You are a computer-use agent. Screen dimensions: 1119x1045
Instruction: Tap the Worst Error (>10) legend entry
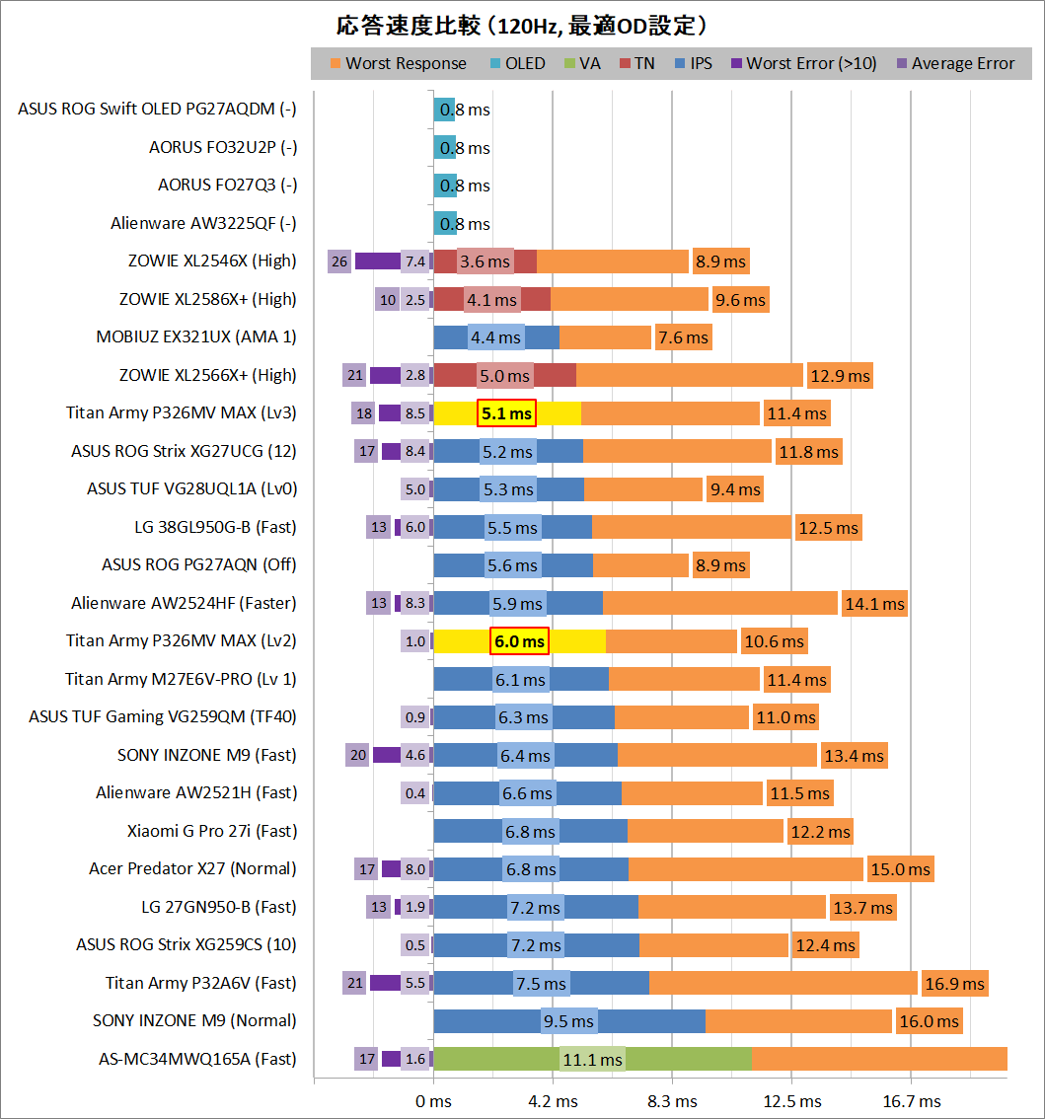point(811,63)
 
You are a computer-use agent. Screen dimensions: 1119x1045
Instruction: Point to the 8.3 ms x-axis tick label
point(672,1100)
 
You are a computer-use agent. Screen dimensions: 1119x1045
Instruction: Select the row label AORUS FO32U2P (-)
point(222,147)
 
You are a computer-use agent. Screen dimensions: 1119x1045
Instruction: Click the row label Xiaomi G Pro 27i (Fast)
point(211,831)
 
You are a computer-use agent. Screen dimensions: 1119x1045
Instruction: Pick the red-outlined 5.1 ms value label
point(506,413)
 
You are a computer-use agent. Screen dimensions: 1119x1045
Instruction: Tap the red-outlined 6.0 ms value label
point(519,641)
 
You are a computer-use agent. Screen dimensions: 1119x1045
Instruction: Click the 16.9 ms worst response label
point(953,984)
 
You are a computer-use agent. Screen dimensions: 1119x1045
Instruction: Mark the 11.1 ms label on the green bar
point(592,1060)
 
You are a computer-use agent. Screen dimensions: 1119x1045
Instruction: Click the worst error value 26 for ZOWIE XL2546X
point(339,261)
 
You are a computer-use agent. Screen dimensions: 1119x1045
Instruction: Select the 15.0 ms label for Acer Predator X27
point(899,869)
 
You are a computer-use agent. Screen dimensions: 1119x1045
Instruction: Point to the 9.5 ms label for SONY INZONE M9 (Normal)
point(568,1021)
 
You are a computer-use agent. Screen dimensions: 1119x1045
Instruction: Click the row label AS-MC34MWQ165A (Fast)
point(197,1059)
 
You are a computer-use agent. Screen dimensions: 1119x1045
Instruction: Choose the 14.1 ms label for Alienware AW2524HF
point(873,604)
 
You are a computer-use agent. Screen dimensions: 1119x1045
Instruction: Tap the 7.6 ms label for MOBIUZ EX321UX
point(683,337)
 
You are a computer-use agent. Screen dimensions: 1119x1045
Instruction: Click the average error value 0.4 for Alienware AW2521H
point(415,793)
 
